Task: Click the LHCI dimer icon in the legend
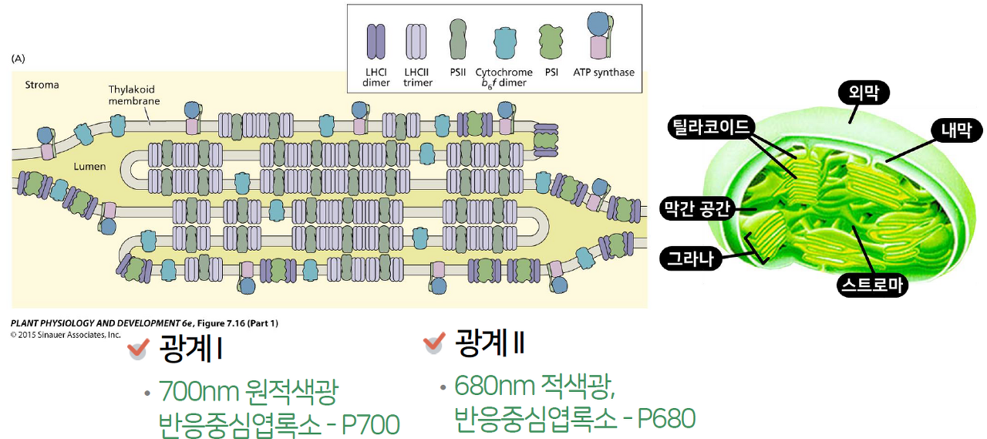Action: click(x=376, y=42)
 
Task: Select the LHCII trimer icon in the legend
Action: click(x=417, y=42)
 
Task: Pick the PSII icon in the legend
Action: click(x=456, y=39)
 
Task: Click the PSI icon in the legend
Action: click(x=551, y=42)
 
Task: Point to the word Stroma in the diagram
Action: click(x=42, y=85)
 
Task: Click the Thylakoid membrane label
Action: click(x=134, y=96)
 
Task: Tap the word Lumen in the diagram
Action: click(x=89, y=167)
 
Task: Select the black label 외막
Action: click(x=864, y=93)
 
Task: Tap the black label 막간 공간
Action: click(x=697, y=208)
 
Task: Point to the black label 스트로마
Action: click(x=872, y=285)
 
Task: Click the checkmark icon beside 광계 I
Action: click(x=138, y=350)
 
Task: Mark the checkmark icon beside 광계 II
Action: click(x=435, y=343)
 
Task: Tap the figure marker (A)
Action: click(x=19, y=58)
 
